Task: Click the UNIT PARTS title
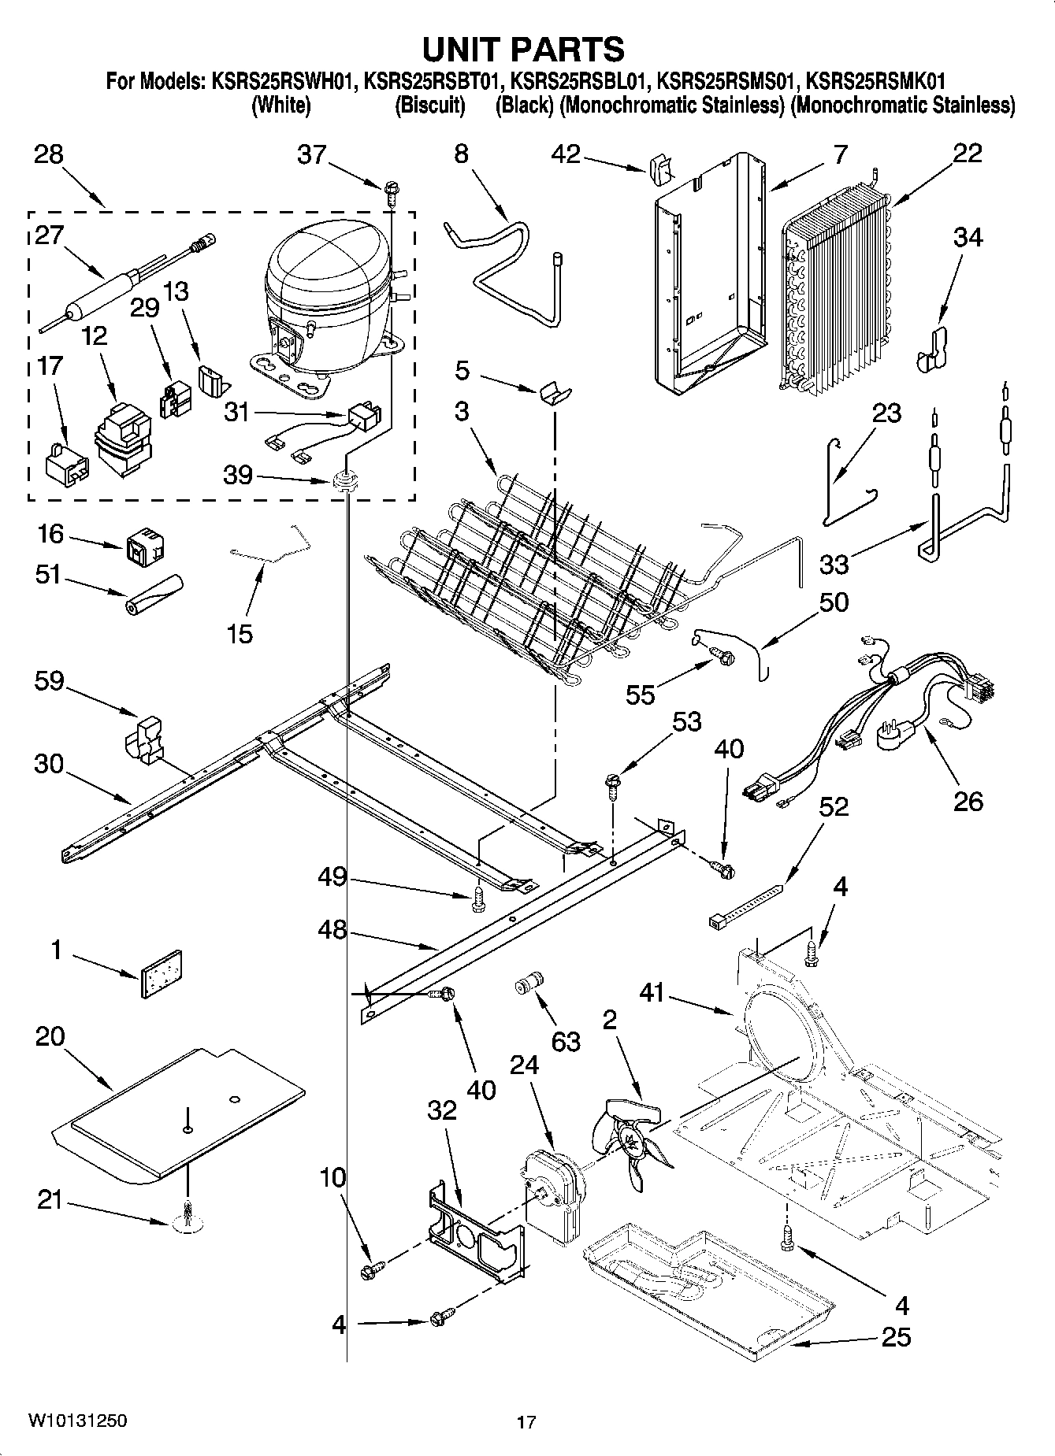pos(524,49)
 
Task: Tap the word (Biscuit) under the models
pos(429,106)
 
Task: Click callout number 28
pos(48,154)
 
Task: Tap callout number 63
pos(565,1041)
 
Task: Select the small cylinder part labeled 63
pos(526,983)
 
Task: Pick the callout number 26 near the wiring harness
pos(968,801)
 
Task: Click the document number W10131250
pos(77,1421)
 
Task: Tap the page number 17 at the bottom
pos(526,1422)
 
